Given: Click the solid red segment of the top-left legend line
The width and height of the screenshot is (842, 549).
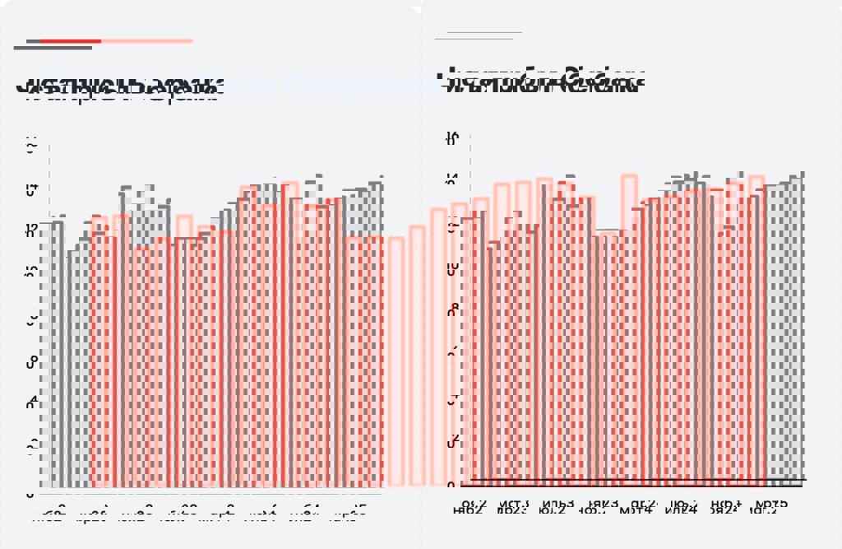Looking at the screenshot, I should [70, 40].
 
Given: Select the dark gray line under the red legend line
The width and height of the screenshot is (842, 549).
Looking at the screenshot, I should [53, 48].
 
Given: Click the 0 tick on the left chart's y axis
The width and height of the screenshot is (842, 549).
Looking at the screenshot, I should [30, 495].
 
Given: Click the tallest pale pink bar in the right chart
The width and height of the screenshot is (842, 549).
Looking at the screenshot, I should [629, 329].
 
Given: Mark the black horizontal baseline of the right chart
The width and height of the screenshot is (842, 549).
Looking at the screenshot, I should [637, 479].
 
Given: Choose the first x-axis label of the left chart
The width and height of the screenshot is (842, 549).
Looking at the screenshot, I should [49, 516].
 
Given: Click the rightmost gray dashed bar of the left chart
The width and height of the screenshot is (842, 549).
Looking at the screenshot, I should [375, 329].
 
